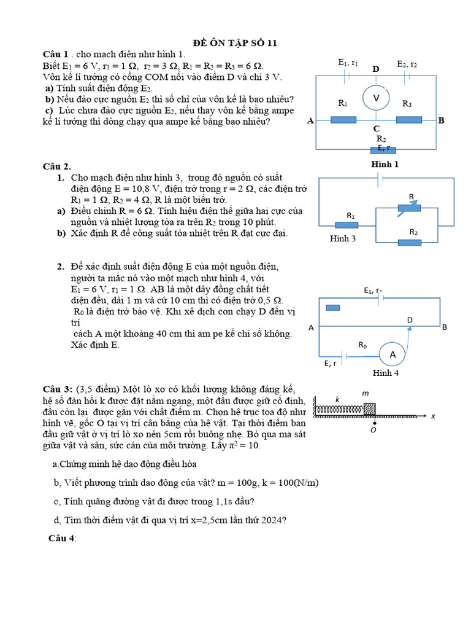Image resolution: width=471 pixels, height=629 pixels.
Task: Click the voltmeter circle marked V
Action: tap(377, 98)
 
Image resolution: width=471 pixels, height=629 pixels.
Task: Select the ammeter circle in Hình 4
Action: tap(392, 354)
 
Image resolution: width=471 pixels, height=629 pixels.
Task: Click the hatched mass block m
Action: tap(370, 409)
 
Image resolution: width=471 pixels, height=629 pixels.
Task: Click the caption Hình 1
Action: tap(385, 164)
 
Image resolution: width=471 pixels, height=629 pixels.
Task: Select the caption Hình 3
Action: tap(343, 238)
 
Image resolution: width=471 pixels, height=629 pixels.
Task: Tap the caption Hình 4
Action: tap(386, 373)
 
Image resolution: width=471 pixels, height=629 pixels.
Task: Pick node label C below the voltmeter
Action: tap(377, 128)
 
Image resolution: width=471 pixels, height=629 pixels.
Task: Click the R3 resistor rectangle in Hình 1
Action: tap(408, 119)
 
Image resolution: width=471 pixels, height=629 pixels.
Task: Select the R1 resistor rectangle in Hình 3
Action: tap(347, 225)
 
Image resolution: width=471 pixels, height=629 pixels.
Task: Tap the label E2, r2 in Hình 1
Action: tap(407, 64)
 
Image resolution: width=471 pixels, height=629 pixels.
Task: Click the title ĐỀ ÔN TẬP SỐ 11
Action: tap(235, 42)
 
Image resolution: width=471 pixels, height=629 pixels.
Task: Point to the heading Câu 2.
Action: tap(56, 166)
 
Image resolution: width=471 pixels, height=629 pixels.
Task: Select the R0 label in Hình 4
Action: tap(362, 345)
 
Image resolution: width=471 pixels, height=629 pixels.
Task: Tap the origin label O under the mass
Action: tap(373, 431)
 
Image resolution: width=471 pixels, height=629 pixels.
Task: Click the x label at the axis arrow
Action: tap(432, 416)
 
